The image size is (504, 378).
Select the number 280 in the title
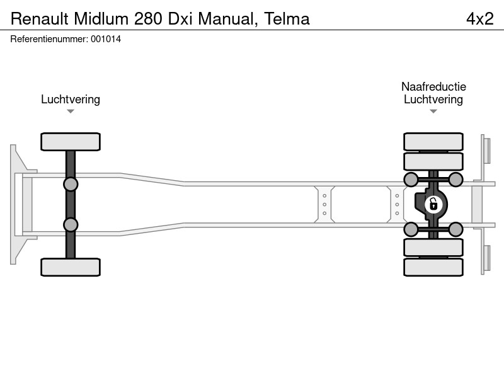point(148,19)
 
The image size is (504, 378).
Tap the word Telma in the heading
point(287,19)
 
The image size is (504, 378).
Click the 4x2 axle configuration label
point(479,19)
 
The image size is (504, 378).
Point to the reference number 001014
point(106,39)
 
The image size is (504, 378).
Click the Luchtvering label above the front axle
point(71,100)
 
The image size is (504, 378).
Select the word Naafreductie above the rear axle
point(433,86)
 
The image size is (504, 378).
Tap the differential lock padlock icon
point(433,204)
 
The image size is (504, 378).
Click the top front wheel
point(71,141)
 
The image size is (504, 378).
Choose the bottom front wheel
point(71,267)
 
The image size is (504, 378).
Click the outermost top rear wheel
point(433,141)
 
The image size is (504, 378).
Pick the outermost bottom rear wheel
point(433,267)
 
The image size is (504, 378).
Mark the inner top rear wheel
point(433,161)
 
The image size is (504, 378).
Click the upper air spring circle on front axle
point(71,185)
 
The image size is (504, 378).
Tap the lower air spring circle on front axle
point(71,225)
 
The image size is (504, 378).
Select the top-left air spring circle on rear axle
point(411,180)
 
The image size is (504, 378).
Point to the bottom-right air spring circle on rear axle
point(455,229)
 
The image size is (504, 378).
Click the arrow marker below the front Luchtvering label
point(71,112)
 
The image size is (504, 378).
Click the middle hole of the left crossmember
point(324,204)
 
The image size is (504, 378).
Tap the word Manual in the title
point(227,19)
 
